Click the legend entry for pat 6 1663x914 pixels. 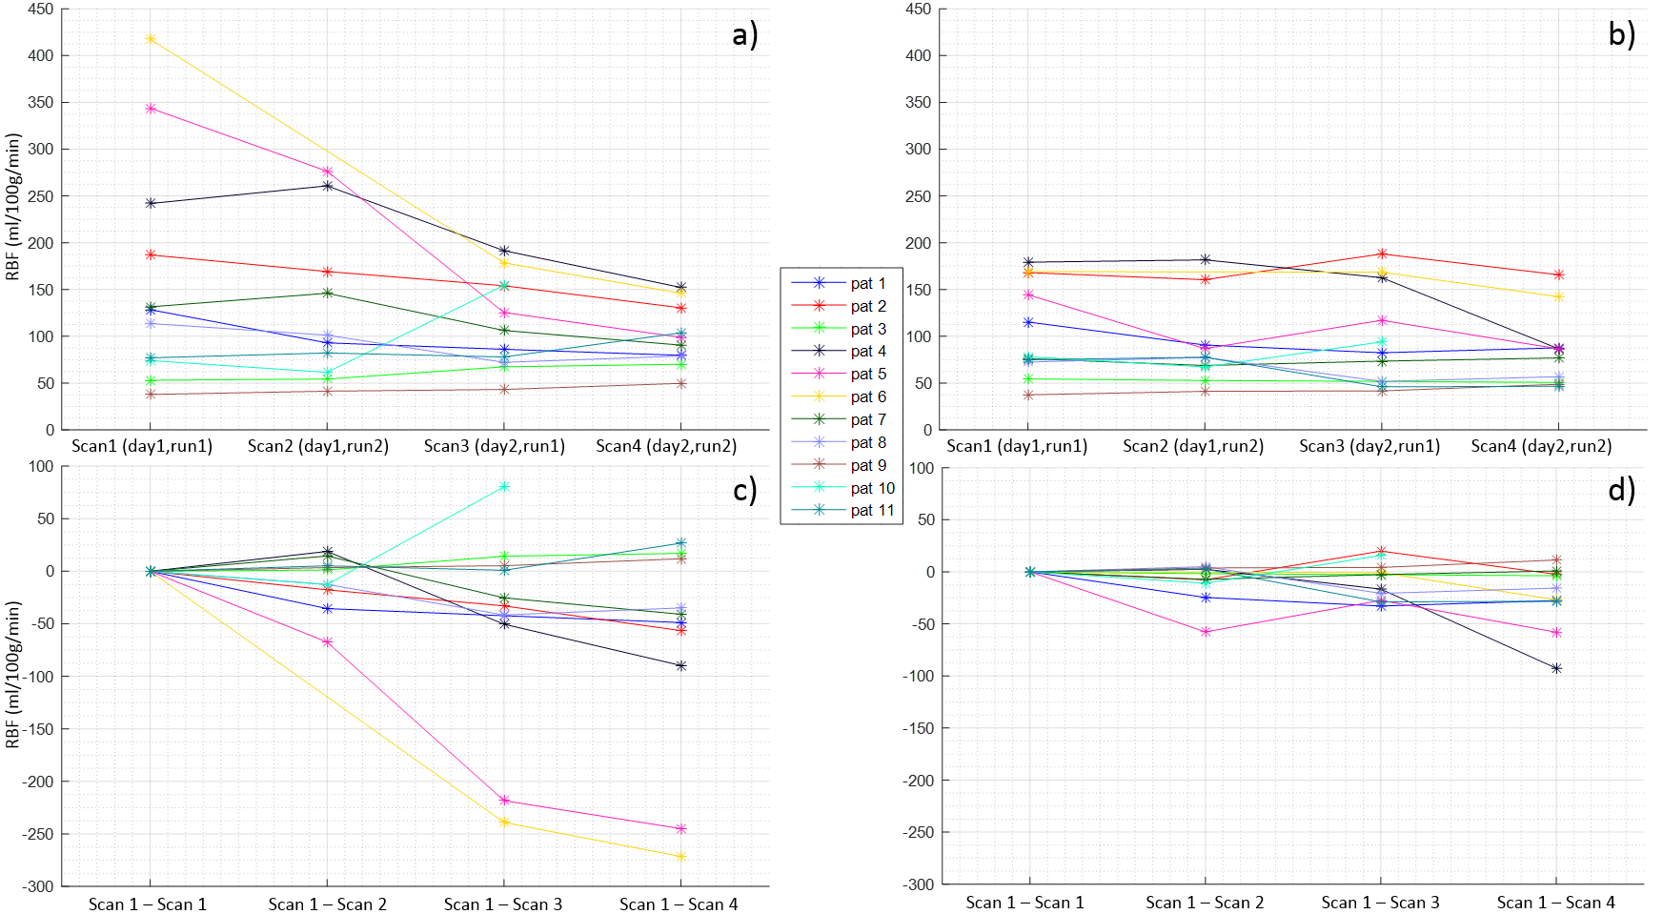point(867,396)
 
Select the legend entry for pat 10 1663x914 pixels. point(872,488)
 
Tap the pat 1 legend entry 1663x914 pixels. point(867,283)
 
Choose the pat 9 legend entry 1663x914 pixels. point(867,465)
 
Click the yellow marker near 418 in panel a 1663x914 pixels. point(151,39)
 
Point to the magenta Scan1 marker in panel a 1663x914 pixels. point(151,109)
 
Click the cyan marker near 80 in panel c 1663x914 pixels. point(504,487)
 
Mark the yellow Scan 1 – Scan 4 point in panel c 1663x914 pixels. point(680,857)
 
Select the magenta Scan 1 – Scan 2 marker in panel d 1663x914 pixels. point(1206,632)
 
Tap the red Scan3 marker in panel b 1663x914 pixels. point(1382,254)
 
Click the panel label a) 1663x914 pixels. point(744,35)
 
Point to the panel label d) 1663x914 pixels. point(1621,490)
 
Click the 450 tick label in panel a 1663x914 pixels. point(42,10)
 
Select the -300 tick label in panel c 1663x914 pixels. point(38,885)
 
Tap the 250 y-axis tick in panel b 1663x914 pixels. point(919,196)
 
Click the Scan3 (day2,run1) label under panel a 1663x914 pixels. point(494,446)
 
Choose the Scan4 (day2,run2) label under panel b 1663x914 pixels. point(1541,446)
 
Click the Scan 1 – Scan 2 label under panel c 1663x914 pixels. point(327,904)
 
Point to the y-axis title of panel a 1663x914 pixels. point(13,207)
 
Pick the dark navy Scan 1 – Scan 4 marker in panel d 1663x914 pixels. point(1557,669)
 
